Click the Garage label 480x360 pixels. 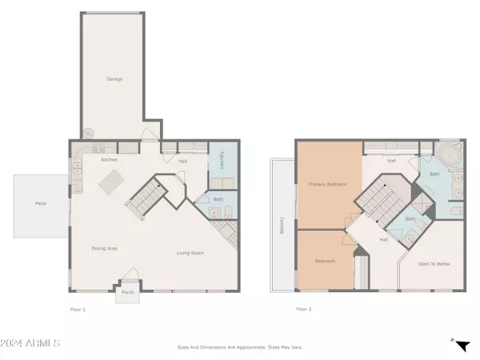pyautogui.click(x=114, y=78)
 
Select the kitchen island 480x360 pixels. pyautogui.click(x=110, y=183)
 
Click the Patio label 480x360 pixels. pyautogui.click(x=40, y=205)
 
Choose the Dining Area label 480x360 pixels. pyautogui.click(x=105, y=249)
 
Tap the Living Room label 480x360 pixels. pyautogui.click(x=190, y=253)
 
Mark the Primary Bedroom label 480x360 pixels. pyautogui.click(x=327, y=185)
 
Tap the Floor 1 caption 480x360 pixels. pyautogui.click(x=78, y=309)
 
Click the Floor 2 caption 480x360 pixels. pyautogui.click(x=303, y=309)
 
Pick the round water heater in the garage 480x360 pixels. pyautogui.click(x=88, y=134)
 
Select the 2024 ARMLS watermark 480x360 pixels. pyautogui.click(x=32, y=343)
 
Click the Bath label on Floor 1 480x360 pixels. pyautogui.click(x=218, y=200)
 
